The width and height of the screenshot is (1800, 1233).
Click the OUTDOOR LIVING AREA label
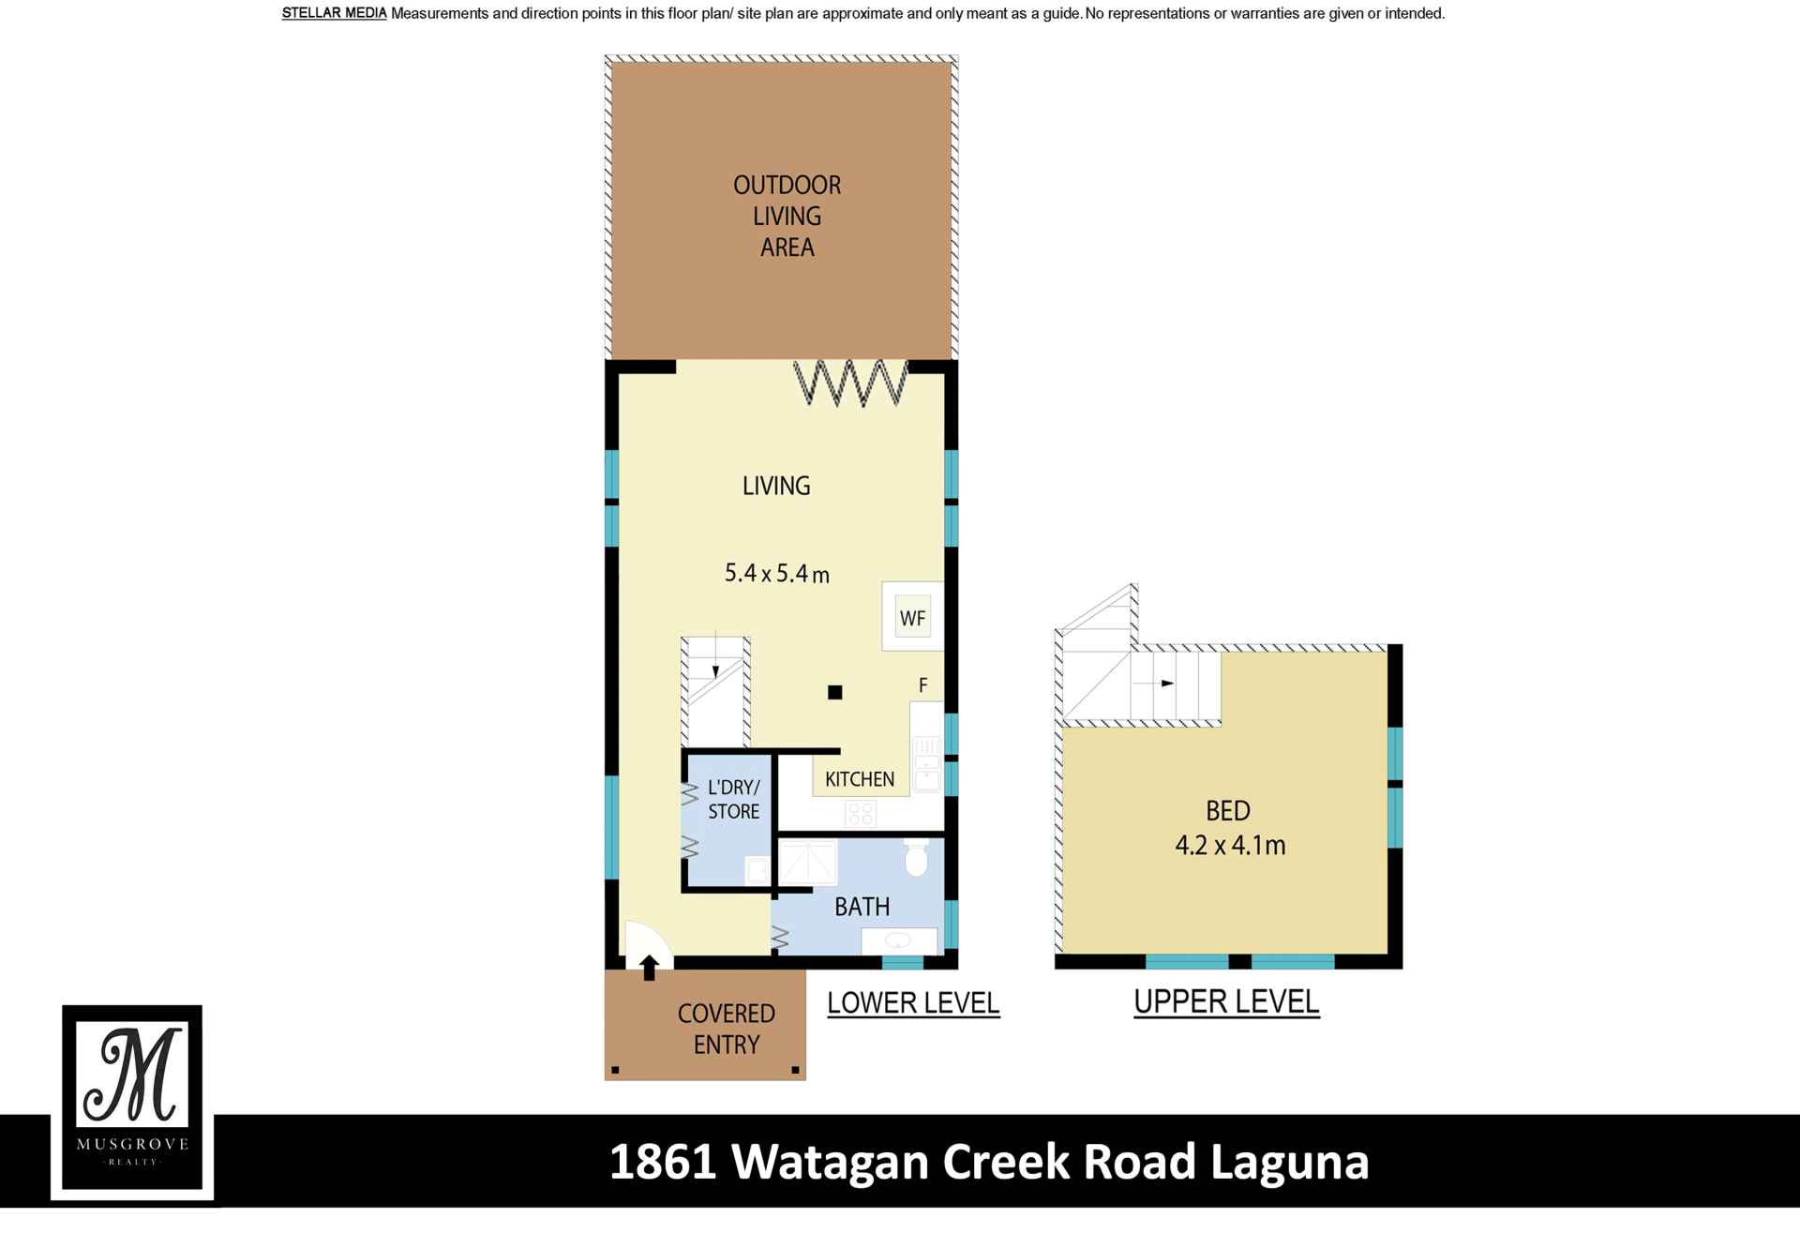[x=787, y=217]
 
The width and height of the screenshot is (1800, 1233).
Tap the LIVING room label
[x=776, y=486]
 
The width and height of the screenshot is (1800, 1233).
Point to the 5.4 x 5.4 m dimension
[x=777, y=573]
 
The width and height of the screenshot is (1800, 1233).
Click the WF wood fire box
[x=912, y=618]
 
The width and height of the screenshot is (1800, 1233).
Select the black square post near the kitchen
[x=835, y=693]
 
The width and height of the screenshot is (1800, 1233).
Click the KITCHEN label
[x=860, y=779]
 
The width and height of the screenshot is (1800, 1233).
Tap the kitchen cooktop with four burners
[x=861, y=813]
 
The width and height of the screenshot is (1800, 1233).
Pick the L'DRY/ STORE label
[x=733, y=800]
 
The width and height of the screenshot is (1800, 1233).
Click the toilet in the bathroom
[x=916, y=858]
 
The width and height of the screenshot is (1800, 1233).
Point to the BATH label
[x=862, y=907]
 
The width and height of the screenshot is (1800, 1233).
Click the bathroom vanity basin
[x=898, y=940]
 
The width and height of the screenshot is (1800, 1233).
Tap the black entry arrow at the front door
[x=650, y=968]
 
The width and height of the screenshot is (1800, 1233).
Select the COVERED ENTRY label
[x=727, y=1029]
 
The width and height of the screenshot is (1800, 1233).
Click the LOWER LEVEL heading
[x=913, y=1003]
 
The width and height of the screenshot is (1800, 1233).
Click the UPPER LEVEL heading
[x=1226, y=1002]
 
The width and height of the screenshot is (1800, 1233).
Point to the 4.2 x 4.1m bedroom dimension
[x=1230, y=846]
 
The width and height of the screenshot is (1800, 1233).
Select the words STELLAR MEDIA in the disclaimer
[x=334, y=13]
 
